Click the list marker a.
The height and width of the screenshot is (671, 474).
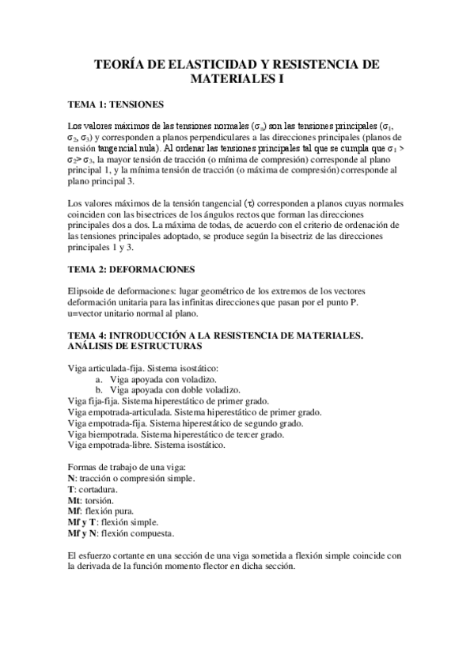coord(99,379)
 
